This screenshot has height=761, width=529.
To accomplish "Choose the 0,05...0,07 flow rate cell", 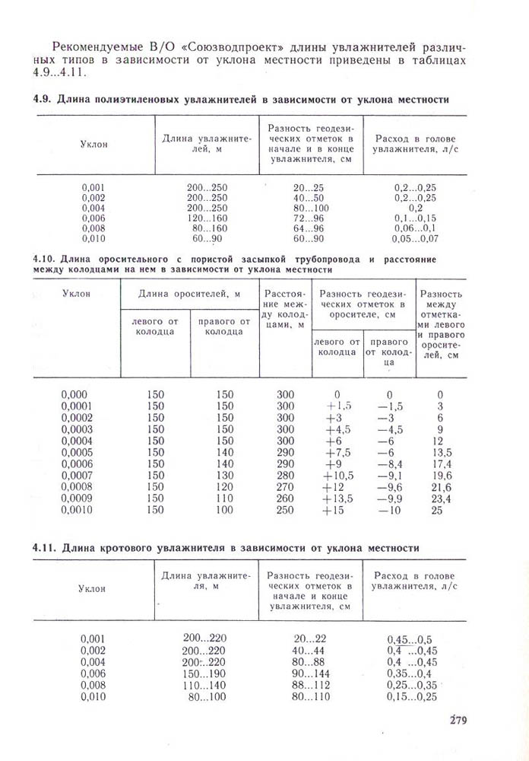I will point(415,238).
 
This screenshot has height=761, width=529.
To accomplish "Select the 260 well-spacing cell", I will point(285,499).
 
